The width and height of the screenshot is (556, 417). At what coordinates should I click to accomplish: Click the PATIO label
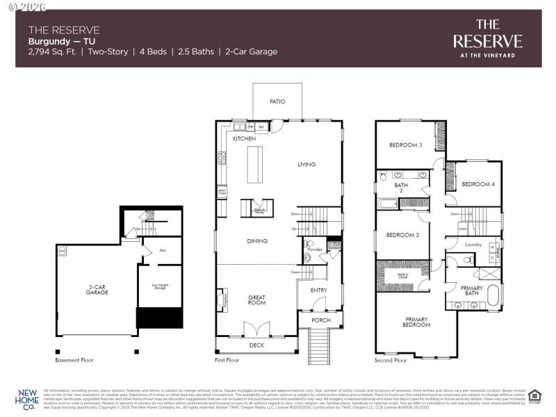tap(277, 101)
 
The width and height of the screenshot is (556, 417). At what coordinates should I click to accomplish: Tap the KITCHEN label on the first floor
tap(245, 139)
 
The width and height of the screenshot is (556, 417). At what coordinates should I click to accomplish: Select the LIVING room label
tap(306, 165)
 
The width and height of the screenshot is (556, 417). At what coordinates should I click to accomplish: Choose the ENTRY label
tap(318, 291)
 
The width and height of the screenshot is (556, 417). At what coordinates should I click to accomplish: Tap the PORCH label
tap(320, 320)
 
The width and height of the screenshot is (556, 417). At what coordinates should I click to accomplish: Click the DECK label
tap(256, 345)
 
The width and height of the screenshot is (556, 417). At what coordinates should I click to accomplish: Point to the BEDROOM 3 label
tap(406, 145)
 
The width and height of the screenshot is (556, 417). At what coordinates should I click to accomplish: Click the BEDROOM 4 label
tap(478, 184)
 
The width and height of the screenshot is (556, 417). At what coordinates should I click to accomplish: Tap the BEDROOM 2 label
tap(402, 235)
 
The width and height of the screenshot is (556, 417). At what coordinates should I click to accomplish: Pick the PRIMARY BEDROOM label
tap(416, 323)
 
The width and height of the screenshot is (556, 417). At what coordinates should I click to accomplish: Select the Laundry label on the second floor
tap(473, 245)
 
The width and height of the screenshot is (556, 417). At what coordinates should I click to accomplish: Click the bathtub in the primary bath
tap(492, 295)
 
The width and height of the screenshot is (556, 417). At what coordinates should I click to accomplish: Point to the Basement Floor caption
tap(74, 361)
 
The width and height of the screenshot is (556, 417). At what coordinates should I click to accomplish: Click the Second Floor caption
tap(391, 361)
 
